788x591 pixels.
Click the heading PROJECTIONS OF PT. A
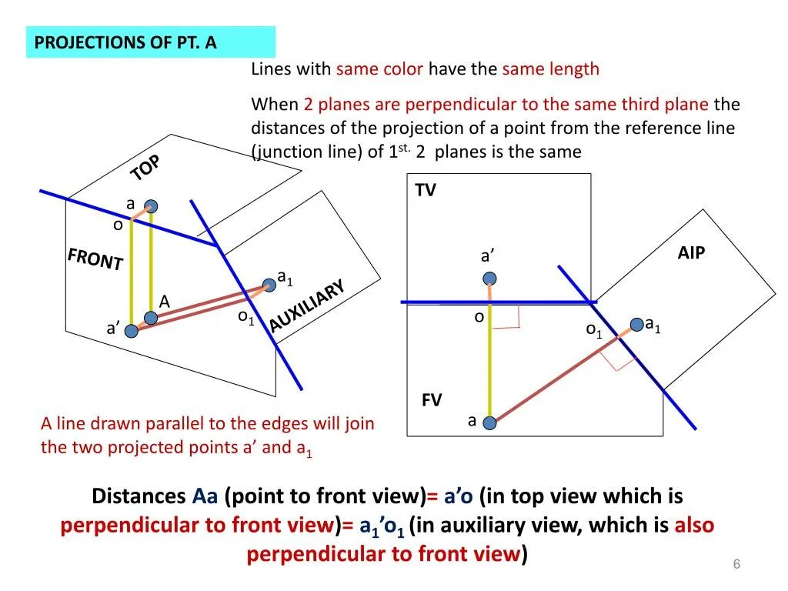coord(125,42)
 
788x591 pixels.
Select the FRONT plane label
coord(95,259)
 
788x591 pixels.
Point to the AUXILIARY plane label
coord(306,306)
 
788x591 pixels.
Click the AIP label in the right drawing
coord(691,253)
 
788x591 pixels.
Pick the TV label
coord(426,191)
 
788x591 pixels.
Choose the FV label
coord(432,400)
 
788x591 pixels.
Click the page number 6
coord(736,565)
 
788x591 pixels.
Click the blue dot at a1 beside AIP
coord(636,326)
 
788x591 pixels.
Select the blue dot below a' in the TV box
coord(490,279)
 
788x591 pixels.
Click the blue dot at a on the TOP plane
coord(152,206)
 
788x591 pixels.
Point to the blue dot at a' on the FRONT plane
coord(132,331)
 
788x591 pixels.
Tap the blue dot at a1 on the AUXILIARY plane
coord(269,285)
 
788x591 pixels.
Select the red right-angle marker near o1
coord(616,356)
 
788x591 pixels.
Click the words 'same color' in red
coord(379,69)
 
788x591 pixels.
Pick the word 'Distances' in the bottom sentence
coord(139,496)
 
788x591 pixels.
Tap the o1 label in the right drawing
coord(593,330)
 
